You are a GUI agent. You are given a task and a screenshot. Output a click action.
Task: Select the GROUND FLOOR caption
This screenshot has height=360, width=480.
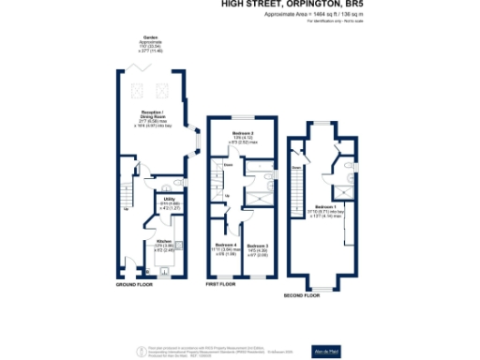pos(134,283)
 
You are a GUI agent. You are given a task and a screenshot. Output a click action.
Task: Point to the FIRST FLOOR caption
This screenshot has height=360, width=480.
pos(218,283)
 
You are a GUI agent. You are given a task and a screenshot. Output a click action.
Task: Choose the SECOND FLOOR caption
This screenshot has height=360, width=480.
pos(301,293)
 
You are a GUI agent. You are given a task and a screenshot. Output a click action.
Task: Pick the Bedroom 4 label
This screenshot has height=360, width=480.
pos(225,246)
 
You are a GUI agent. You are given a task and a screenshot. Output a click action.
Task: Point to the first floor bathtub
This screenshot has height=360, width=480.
pos(254,171)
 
